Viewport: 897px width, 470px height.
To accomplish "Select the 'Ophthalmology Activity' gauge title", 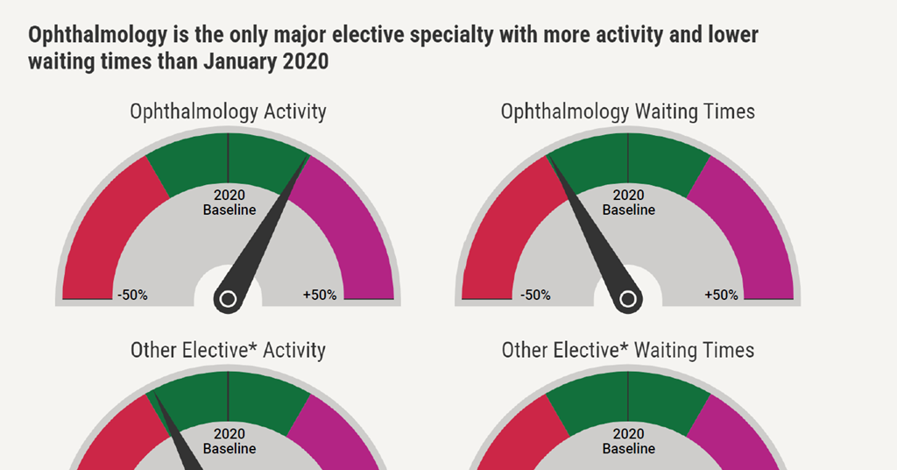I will tap(228, 111).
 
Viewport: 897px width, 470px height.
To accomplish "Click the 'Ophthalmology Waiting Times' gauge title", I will tap(627, 111).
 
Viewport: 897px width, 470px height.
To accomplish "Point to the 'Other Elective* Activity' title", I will tap(228, 350).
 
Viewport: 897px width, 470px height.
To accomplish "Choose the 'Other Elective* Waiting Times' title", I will tap(627, 350).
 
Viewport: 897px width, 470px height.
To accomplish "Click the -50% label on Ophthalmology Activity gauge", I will tap(132, 295).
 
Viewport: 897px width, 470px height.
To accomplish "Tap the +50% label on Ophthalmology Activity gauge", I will tap(320, 295).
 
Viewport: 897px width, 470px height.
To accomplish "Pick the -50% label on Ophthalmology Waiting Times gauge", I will tap(535, 295).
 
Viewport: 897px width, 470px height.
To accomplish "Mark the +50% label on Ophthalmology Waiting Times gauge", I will tap(721, 295).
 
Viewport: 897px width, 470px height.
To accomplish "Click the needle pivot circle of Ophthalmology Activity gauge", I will tap(228, 300).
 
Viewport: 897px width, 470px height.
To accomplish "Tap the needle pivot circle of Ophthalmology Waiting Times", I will tap(627, 300).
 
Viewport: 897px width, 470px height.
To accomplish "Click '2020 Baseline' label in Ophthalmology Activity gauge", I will tap(230, 203).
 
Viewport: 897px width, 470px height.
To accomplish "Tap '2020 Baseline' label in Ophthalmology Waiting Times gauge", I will tap(628, 203).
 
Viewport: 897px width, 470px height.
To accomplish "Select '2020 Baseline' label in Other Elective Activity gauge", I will tap(230, 441).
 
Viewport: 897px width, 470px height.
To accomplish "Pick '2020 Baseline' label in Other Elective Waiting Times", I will tap(628, 441).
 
